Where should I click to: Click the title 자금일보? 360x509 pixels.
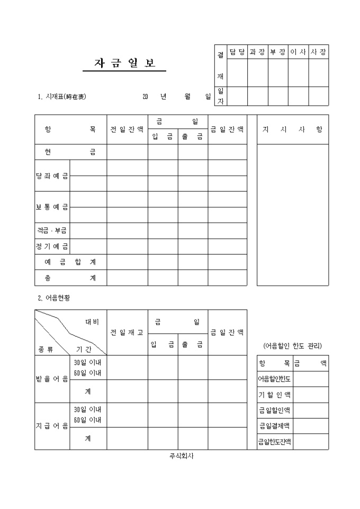click(125, 63)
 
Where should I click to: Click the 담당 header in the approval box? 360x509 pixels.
click(237, 51)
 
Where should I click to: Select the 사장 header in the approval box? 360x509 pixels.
click(319, 51)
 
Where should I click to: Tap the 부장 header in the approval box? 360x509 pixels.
click(278, 51)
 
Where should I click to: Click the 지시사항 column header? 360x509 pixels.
click(292, 130)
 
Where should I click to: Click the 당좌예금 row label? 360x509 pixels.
click(52, 176)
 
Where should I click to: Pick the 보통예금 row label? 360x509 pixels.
click(52, 207)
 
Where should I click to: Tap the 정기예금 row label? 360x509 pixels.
click(52, 247)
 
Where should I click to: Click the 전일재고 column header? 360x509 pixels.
click(127, 332)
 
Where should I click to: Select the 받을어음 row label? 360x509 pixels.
click(52, 379)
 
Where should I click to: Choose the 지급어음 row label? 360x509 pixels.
click(52, 426)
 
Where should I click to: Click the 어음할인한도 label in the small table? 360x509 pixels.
click(274, 379)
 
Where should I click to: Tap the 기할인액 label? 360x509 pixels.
click(274, 395)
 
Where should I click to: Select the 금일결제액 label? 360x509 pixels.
click(274, 426)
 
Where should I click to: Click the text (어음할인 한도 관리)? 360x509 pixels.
click(292, 346)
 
